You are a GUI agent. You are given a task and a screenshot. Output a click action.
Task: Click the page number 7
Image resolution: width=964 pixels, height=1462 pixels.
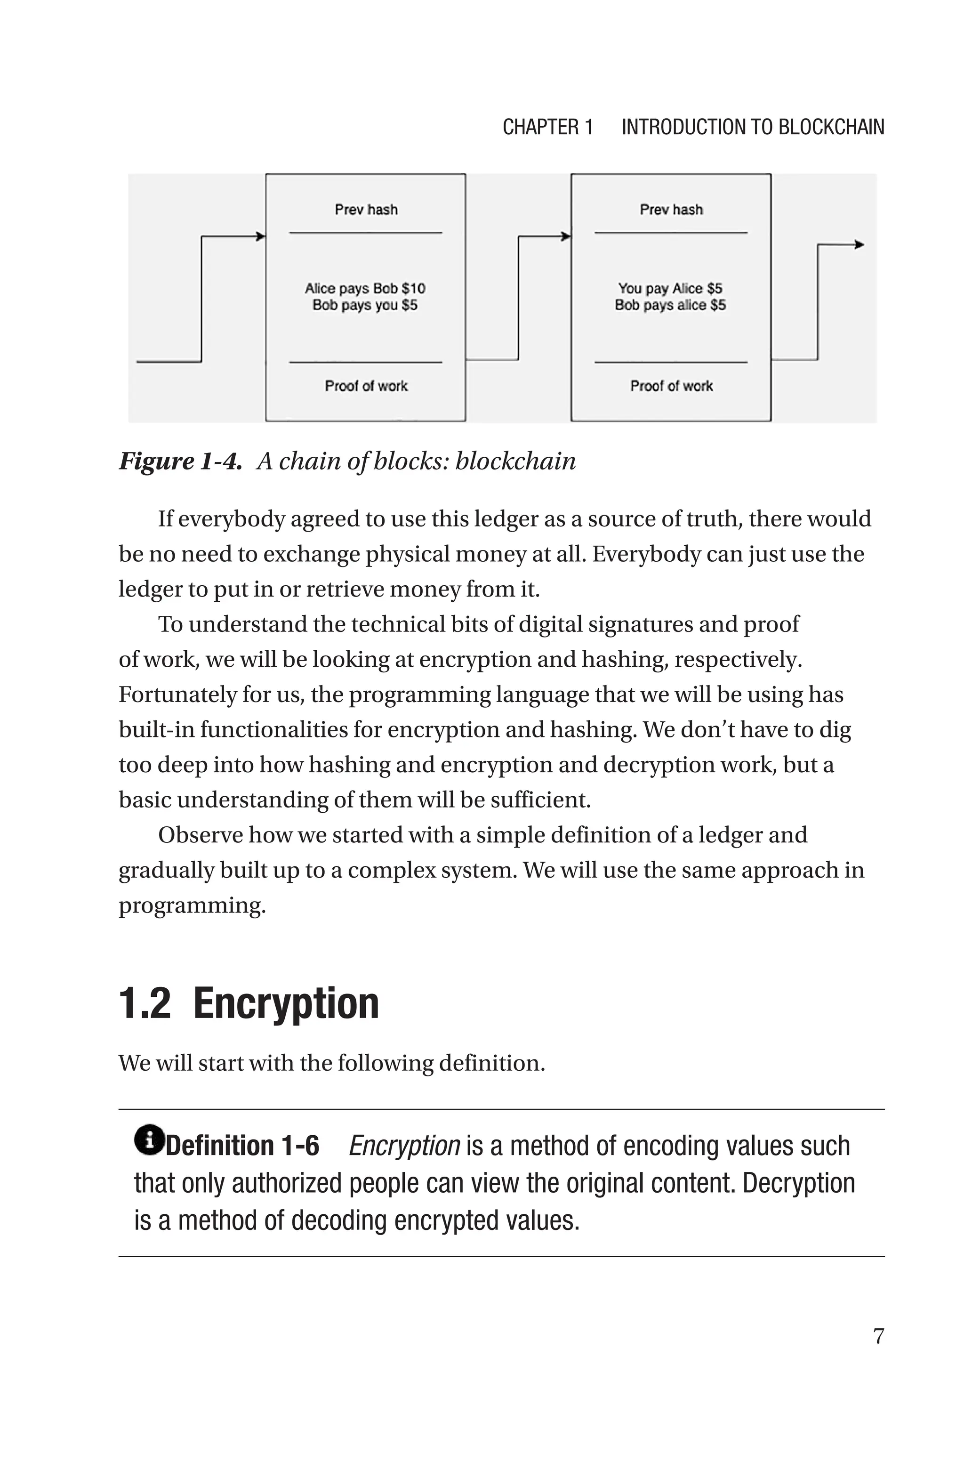878,1336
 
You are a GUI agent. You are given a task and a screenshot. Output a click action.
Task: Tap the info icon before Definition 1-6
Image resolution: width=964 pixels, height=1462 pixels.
149,1139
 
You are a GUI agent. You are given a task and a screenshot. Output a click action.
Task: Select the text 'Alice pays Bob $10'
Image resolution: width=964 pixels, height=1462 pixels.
365,288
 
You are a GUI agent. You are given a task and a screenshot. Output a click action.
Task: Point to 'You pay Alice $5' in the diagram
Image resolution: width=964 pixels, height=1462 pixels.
670,288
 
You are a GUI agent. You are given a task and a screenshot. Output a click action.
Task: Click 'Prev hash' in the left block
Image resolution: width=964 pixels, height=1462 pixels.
366,210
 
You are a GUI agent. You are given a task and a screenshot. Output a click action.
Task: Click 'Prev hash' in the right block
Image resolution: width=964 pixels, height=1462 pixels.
671,210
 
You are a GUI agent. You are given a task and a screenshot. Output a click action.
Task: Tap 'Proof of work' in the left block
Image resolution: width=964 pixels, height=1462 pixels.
366,386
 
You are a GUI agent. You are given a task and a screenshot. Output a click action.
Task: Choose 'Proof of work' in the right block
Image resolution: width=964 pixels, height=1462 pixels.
671,386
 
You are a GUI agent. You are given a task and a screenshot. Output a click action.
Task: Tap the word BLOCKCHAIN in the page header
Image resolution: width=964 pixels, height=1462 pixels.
831,127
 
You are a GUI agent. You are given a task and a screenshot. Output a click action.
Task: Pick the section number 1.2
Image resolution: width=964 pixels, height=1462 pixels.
145,1003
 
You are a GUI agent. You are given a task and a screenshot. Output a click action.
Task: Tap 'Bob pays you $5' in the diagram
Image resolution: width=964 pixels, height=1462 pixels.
365,305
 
